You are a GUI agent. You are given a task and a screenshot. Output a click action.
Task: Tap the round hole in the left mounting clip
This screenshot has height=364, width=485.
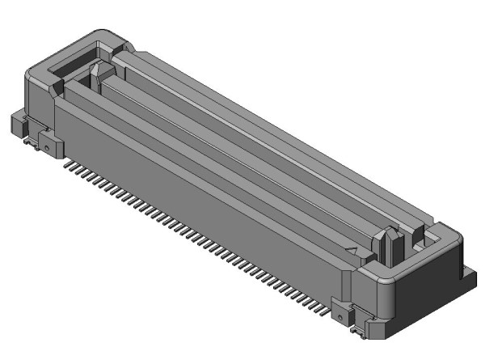click(x=48, y=147)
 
